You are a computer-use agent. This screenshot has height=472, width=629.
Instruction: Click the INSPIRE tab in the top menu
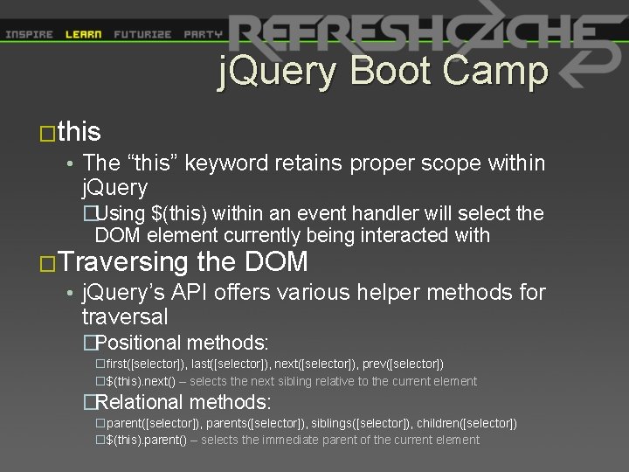(29, 35)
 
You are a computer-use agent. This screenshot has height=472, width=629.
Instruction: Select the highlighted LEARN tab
(84, 35)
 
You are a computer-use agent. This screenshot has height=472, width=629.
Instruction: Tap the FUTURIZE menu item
(142, 35)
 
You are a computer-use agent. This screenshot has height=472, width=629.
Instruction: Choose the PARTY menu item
(203, 35)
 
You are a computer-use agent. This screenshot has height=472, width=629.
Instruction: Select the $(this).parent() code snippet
(146, 440)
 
